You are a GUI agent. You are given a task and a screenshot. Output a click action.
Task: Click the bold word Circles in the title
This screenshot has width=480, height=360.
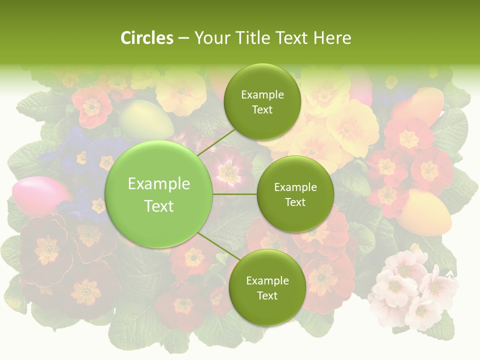[x=146, y=37]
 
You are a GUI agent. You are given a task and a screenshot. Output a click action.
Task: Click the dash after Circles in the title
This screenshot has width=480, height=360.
[x=183, y=38]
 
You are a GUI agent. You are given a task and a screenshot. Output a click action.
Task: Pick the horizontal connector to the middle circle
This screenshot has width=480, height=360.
[x=234, y=194]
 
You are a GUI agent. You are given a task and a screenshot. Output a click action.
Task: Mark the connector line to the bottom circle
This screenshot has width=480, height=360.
[x=218, y=246]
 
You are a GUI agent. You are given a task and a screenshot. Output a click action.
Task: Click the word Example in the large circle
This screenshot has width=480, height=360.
[x=158, y=184]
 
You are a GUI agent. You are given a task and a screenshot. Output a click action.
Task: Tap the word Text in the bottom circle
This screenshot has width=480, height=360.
[x=267, y=295]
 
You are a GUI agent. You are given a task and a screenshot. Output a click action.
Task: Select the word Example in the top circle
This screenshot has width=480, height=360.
[x=262, y=94]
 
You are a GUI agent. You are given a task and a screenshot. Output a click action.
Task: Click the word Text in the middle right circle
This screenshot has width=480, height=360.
[x=295, y=202]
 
